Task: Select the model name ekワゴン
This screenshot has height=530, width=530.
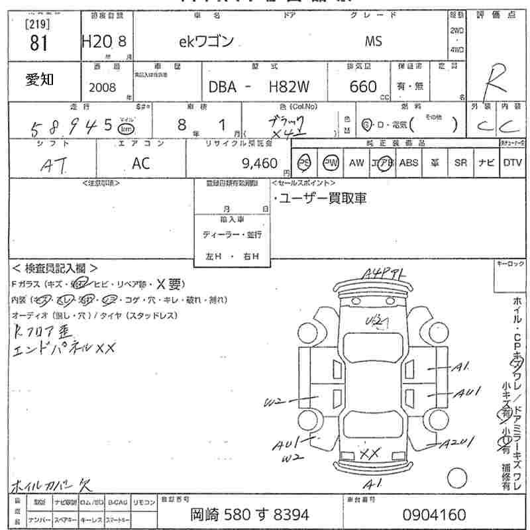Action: coord(206,41)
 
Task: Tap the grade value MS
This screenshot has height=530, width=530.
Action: coord(373,41)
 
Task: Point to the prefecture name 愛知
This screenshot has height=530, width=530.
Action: coord(40,79)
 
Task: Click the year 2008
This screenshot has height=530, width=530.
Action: coord(102,87)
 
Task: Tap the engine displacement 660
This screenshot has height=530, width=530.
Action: coord(363,87)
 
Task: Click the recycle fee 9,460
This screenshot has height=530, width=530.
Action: coord(261,162)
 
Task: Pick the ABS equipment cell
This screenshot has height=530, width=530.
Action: coord(408,162)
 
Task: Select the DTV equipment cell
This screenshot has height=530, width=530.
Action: coord(512,162)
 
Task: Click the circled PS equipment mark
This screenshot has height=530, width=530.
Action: coord(305,162)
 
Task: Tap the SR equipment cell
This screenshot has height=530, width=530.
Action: coord(460,162)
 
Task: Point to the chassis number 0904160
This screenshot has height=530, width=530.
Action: coord(434,514)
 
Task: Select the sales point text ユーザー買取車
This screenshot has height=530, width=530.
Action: coord(322,198)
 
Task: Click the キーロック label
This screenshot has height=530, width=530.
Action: coord(510,264)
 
